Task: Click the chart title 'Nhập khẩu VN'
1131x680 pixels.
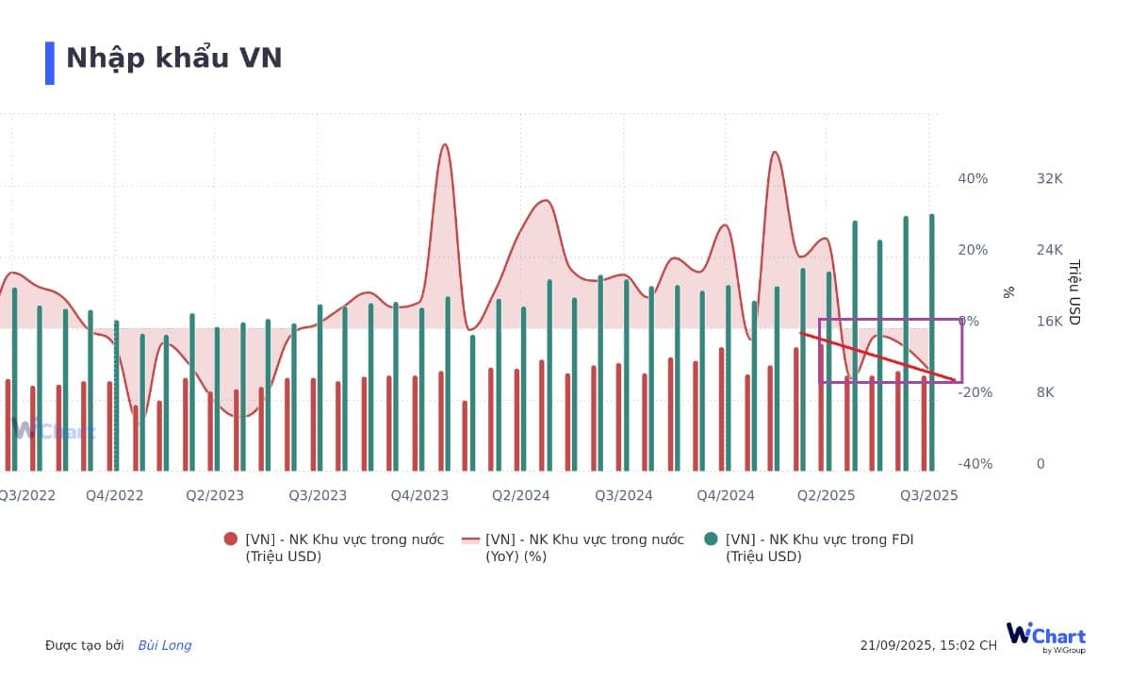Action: point(174,58)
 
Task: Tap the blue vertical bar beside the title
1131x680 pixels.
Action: point(50,63)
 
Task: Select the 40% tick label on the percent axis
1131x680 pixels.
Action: point(974,178)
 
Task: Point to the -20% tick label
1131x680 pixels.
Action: point(975,392)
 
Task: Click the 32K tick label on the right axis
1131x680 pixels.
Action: point(1049,178)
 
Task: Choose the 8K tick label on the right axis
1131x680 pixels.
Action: point(1045,392)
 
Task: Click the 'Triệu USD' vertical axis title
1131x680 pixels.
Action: point(1074,292)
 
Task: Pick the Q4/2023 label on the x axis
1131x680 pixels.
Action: point(419,495)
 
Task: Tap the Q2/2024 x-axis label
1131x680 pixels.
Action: point(521,495)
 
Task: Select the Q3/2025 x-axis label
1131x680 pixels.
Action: point(928,495)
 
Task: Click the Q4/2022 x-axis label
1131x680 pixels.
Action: point(115,495)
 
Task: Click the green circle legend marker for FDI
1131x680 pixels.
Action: point(711,539)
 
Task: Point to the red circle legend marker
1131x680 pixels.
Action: point(231,539)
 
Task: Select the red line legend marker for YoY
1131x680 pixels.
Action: point(470,539)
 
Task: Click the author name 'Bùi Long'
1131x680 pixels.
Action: point(165,646)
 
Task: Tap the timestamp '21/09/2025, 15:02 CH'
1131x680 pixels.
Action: point(927,646)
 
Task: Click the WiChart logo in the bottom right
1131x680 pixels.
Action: point(1045,637)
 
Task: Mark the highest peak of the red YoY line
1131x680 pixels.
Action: point(445,145)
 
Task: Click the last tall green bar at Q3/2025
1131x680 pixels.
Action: point(932,340)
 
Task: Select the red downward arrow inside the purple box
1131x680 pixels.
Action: point(877,357)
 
